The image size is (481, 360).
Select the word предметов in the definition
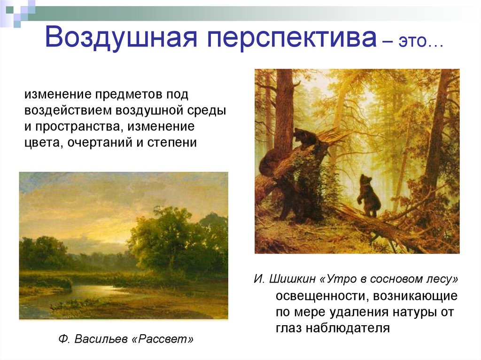[129, 95]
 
